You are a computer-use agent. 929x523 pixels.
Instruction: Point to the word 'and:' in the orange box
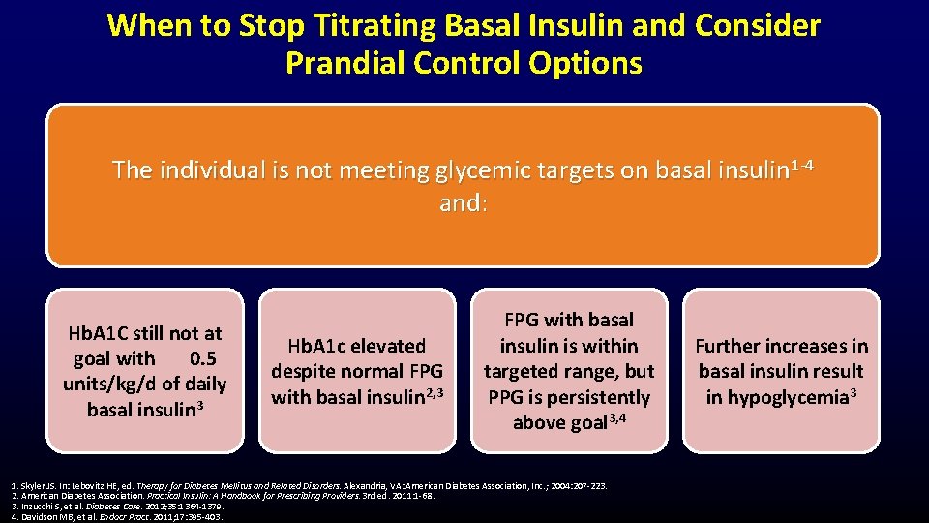click(464, 204)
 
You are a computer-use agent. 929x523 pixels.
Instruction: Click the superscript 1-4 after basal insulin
click(801, 165)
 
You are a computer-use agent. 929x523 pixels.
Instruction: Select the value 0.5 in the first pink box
click(203, 358)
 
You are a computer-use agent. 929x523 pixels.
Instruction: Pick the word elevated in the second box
click(390, 346)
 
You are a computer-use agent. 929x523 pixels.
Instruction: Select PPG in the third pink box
click(509, 397)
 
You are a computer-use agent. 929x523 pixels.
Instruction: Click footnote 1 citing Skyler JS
click(310, 486)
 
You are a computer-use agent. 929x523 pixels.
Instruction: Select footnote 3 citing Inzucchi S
click(116, 507)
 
